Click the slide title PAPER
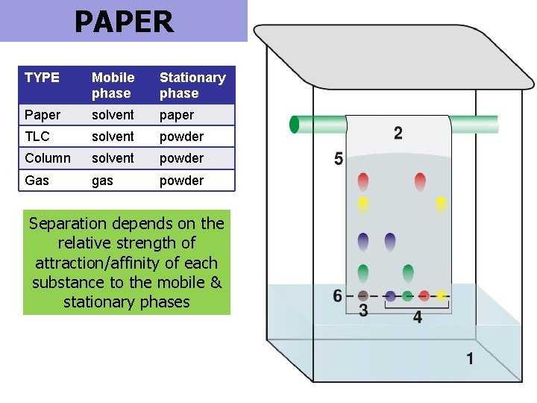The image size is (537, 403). tap(124, 22)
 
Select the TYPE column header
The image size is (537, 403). tap(42, 78)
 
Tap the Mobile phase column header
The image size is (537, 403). tap(113, 85)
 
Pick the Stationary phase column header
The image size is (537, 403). tap(192, 85)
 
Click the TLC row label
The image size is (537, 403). tap(37, 137)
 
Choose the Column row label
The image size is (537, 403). tap(48, 158)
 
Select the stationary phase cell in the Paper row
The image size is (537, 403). tap(177, 115)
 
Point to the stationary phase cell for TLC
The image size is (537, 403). tap(181, 137)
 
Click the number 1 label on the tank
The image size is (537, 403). tap(470, 359)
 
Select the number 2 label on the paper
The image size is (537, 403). tap(398, 134)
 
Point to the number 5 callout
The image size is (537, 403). tap(339, 159)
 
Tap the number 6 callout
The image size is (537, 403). tap(338, 296)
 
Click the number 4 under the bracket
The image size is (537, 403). tap(417, 317)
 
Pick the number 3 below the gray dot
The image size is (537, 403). tap(363, 310)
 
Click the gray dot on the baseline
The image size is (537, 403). tap(363, 296)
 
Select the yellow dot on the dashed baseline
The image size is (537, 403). tap(441, 296)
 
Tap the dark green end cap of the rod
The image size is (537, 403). tap(294, 125)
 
